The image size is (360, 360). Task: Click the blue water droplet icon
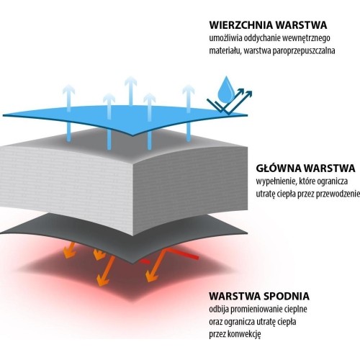(226, 89)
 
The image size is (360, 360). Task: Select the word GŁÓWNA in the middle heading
(278, 168)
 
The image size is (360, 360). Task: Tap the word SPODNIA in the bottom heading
(287, 296)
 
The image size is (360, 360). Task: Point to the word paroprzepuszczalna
(304, 51)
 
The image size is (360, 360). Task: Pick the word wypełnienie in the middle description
(276, 181)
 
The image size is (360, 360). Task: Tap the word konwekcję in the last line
(244, 334)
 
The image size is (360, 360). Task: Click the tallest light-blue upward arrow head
(131, 81)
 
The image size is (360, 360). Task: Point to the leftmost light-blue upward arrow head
(69, 90)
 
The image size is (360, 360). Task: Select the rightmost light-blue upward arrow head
(189, 90)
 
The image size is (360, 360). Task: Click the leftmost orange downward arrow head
(68, 253)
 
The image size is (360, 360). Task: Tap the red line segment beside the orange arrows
(183, 254)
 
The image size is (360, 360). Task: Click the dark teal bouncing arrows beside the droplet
(230, 101)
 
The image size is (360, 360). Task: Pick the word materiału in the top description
(225, 51)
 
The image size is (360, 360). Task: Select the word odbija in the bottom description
(219, 310)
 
